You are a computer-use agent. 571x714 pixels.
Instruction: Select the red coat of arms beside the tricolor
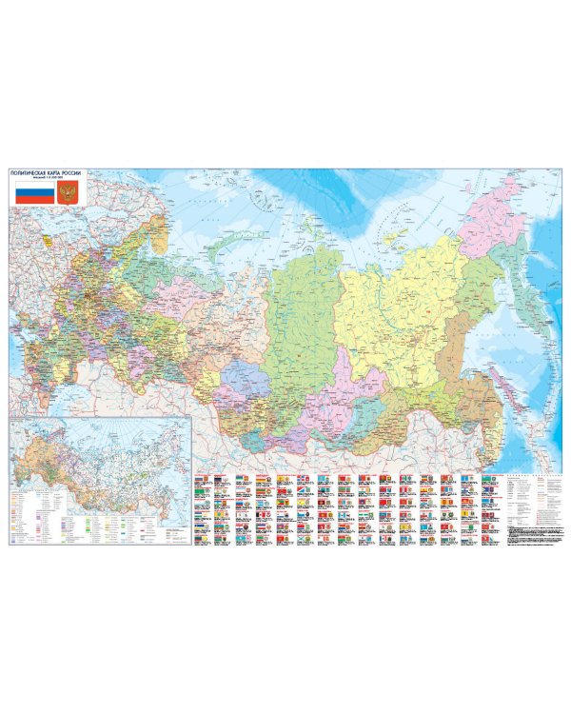tap(68, 195)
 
